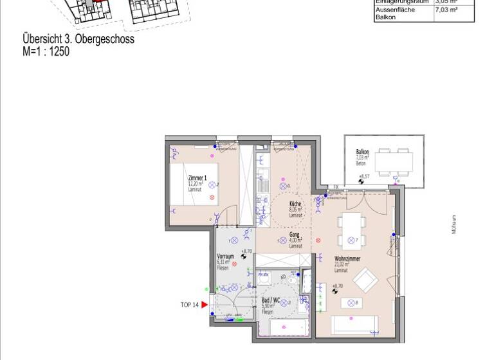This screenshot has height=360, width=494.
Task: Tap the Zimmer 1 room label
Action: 197,177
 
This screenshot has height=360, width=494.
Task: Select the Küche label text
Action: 295,204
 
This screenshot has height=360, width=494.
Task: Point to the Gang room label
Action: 295,235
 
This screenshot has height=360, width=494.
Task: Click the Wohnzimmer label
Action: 347,258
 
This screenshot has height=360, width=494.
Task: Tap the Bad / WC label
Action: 270,300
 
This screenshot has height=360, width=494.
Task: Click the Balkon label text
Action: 363,152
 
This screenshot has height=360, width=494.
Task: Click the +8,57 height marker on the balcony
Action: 364,176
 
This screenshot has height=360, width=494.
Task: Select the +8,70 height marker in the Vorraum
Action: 244,251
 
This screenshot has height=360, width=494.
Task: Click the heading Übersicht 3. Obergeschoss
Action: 78,40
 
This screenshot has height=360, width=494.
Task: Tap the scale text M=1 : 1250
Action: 46,51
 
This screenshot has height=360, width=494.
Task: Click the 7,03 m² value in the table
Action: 446,10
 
